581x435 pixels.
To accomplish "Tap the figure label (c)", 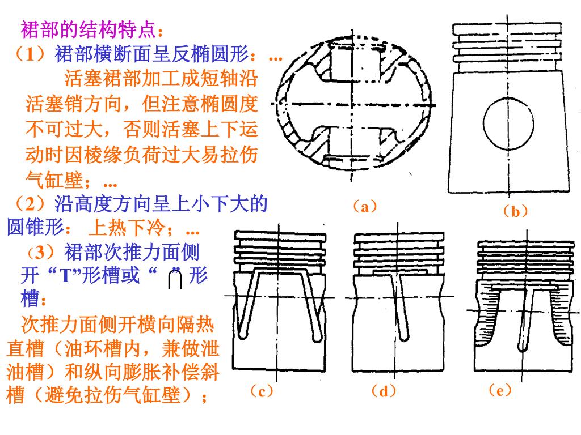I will tap(262, 391).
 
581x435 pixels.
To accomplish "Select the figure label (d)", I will tap(384, 391).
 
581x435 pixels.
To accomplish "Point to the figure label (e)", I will tap(500, 391).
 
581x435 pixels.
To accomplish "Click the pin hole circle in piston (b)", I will tap(508, 123).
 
